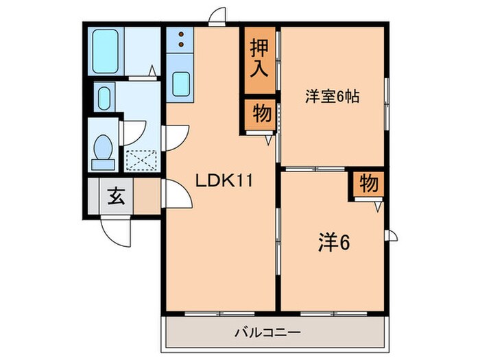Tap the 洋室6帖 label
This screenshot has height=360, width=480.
(x=332, y=97)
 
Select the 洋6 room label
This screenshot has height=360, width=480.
(x=332, y=242)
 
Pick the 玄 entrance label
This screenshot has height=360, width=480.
(x=115, y=197)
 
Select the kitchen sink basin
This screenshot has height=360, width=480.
(x=182, y=84)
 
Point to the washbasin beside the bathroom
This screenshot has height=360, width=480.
(x=103, y=97)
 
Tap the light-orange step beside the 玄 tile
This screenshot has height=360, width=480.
(x=146, y=197)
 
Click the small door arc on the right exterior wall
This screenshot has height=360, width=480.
(x=392, y=237)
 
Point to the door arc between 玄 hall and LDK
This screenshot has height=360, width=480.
(x=176, y=197)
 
